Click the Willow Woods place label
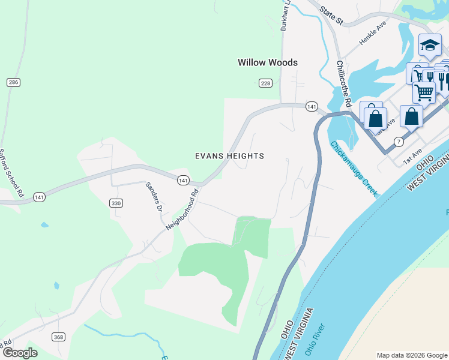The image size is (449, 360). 267,62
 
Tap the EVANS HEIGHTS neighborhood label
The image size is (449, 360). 229,156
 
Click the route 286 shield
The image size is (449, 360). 13,82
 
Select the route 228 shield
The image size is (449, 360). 265,82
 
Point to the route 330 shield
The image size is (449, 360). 116,203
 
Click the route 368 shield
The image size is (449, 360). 58,337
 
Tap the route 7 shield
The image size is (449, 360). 399,142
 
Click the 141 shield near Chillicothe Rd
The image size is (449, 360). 311,106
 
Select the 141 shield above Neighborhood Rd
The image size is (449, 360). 183,179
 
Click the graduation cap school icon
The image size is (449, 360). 429,45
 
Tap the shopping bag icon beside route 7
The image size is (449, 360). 411,116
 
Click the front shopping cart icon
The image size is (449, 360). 424,92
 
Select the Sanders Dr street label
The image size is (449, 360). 155,197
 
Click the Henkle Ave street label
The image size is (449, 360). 373,33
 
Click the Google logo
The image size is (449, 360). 20,353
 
